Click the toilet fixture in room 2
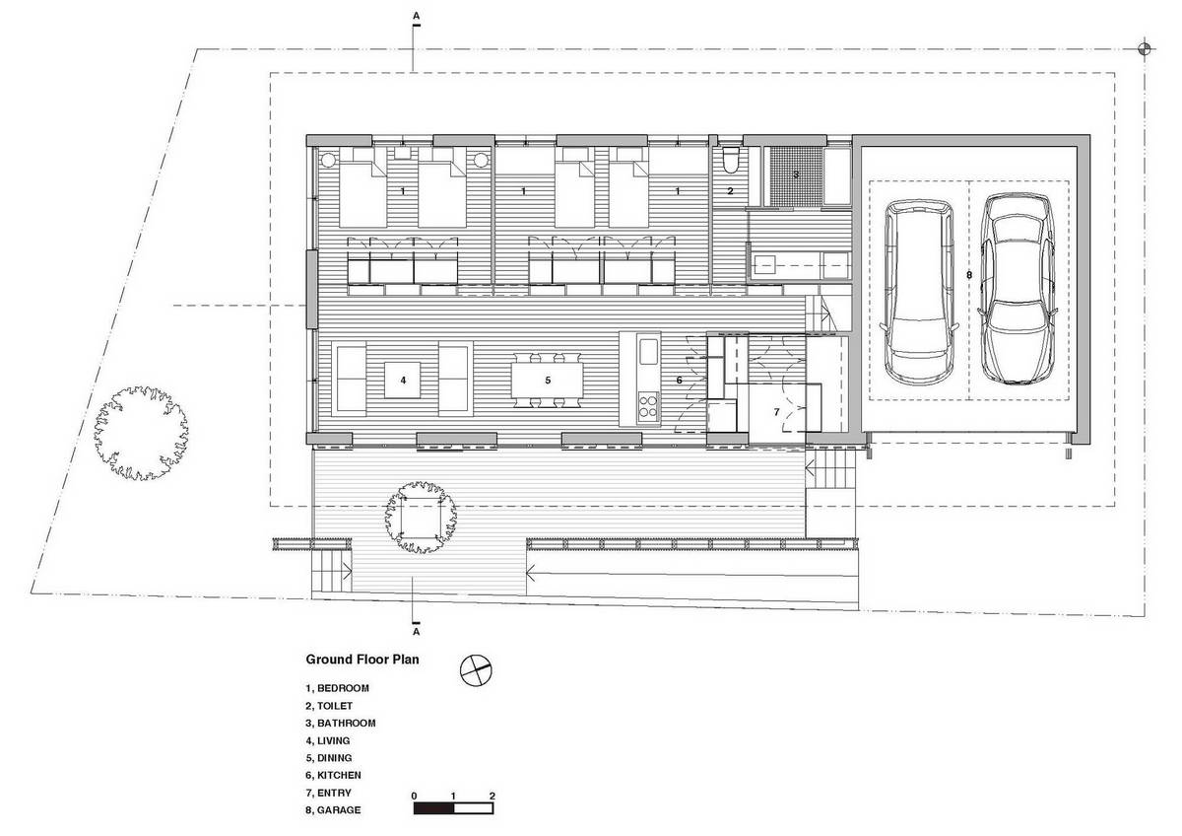point(731,160)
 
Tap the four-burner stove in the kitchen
point(648,406)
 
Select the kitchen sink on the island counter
point(648,352)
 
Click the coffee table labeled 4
point(403,380)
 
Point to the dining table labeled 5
point(548,381)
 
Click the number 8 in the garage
point(969,275)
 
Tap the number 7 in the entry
point(776,412)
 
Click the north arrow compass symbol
point(476,670)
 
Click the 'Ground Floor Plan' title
point(362,660)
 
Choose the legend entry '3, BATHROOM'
point(341,723)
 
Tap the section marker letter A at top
point(417,16)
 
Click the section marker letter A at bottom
point(417,632)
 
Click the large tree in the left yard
point(141,433)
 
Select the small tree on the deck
point(421,517)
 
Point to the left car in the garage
point(920,293)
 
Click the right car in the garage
point(1018,288)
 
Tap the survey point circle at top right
point(1144,49)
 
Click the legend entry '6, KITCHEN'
point(334,775)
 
